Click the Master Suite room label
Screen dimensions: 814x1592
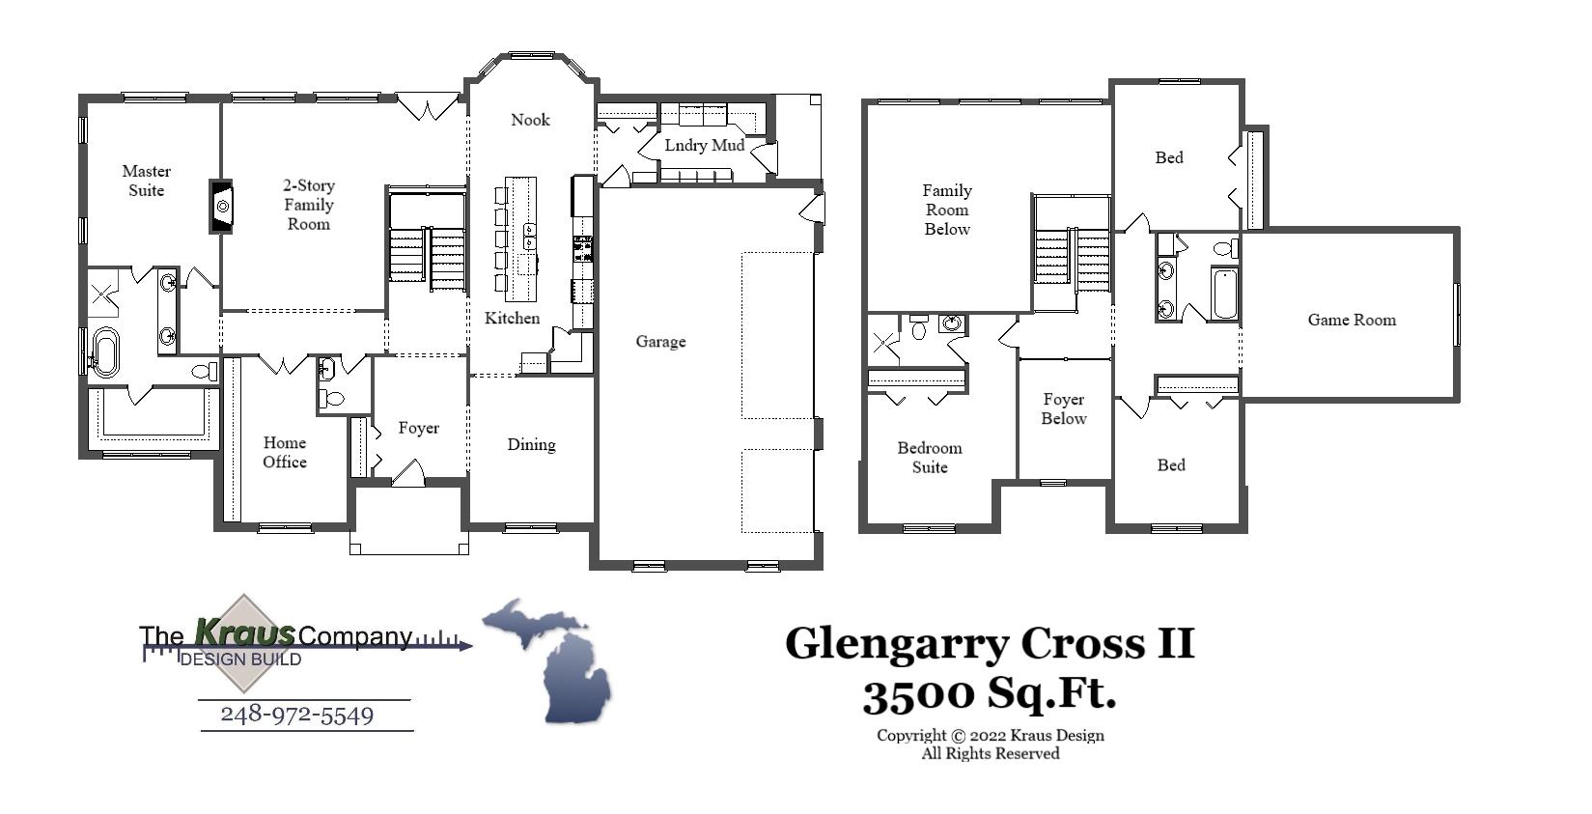(x=147, y=181)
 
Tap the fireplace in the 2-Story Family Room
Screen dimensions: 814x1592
(x=222, y=206)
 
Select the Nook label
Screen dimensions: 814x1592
(x=530, y=120)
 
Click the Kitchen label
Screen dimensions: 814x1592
(x=512, y=318)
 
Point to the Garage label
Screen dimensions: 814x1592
(x=660, y=341)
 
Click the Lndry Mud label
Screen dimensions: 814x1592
(x=704, y=146)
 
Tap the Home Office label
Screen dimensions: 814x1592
(x=284, y=452)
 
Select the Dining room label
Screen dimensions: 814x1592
(x=531, y=444)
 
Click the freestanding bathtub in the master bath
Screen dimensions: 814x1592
(x=104, y=352)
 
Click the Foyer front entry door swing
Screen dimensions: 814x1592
(x=409, y=473)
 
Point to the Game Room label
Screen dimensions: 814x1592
(x=1352, y=320)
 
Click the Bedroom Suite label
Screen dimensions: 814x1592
(x=929, y=457)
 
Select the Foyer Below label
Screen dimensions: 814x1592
(x=1063, y=408)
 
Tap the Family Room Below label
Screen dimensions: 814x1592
(x=946, y=210)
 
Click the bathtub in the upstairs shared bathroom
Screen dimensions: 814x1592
(x=1224, y=294)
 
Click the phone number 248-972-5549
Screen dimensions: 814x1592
(x=296, y=715)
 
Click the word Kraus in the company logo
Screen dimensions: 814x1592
(x=244, y=632)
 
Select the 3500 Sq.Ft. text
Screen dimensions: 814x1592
(x=989, y=692)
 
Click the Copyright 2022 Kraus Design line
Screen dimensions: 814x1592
(x=990, y=735)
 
